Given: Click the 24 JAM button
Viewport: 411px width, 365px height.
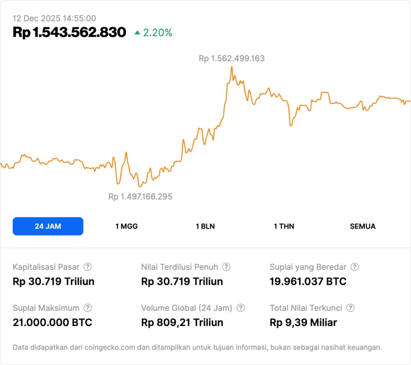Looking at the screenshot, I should pos(48,226).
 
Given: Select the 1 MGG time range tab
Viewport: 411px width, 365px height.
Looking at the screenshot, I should pos(126,226).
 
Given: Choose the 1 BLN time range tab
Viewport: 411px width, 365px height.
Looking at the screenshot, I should pos(205,226).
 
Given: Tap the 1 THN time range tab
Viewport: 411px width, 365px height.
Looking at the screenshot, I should pos(284,226).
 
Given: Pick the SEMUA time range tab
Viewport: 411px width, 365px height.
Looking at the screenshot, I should pos(363,226).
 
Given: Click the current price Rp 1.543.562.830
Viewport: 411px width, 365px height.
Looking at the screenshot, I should pos(69,32).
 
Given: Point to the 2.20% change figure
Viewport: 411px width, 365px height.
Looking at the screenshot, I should pos(158,33).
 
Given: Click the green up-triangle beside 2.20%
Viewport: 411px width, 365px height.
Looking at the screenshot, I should pos(137,33).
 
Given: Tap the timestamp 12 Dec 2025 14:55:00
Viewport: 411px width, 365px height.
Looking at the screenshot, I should pos(54,18).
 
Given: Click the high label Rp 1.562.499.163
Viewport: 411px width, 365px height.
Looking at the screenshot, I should pos(232,58).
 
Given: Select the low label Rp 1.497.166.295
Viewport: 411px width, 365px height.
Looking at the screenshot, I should pos(140,197).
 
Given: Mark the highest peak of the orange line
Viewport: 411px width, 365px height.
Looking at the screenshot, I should pos(232,67).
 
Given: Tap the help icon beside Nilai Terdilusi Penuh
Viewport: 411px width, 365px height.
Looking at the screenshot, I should pos(226,267).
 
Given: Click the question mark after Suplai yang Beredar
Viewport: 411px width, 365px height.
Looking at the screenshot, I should pos(354,267).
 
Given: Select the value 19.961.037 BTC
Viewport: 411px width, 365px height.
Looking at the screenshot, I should pos(308,282).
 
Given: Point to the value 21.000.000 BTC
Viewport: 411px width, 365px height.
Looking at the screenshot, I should pos(53,323).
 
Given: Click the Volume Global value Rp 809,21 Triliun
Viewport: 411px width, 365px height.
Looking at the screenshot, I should pos(182,323).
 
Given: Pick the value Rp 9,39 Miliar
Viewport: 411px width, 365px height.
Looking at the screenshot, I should pos(303,323).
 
